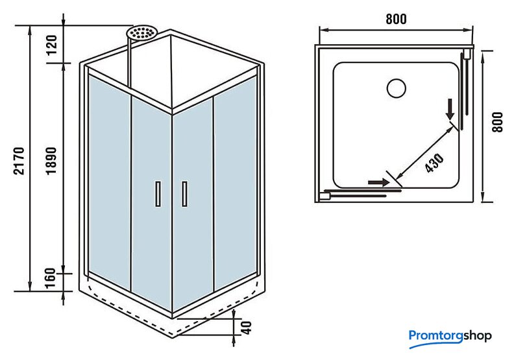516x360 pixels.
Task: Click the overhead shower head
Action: (143, 32)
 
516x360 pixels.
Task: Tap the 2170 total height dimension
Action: (19, 160)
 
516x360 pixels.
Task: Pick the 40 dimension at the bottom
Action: (245, 327)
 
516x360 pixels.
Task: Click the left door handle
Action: (157, 194)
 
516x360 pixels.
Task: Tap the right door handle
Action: (185, 194)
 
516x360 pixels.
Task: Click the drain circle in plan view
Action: (395, 87)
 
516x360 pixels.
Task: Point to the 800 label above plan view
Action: (396, 19)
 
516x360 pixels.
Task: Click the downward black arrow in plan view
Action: (450, 110)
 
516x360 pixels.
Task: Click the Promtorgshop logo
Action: (450, 336)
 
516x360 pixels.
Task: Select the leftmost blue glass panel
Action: (109, 182)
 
